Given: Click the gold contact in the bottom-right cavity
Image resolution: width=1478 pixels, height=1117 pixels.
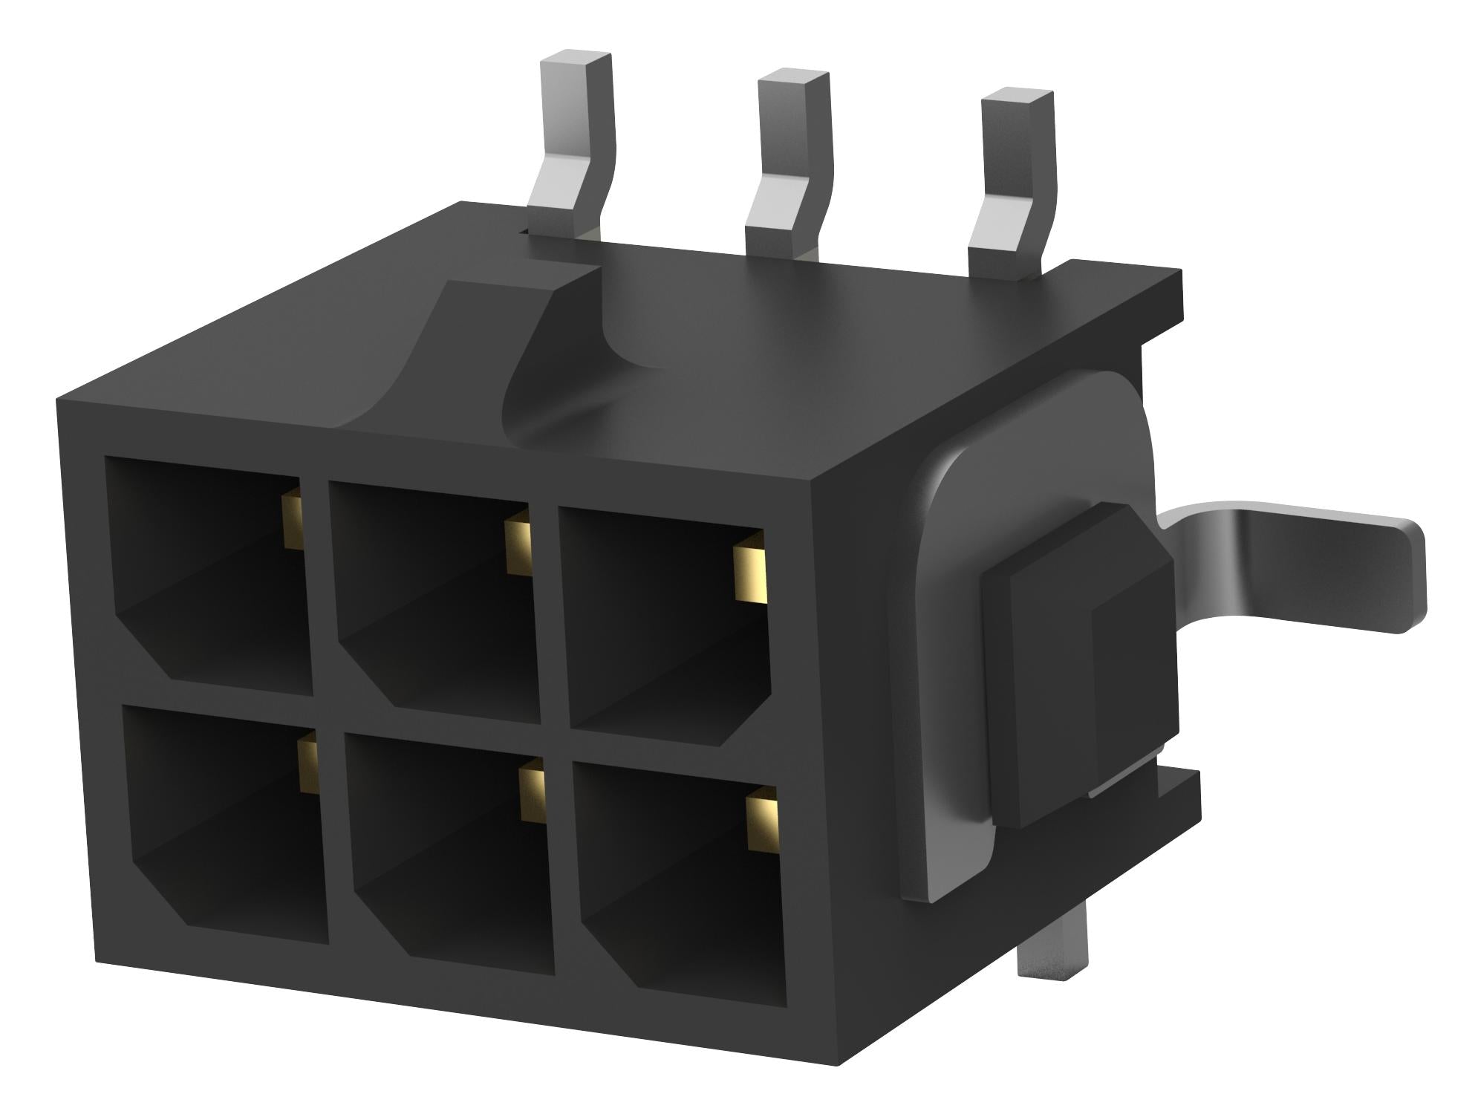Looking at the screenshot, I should tap(761, 821).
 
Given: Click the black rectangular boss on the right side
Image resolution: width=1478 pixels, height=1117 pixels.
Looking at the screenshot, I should tap(1077, 661).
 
